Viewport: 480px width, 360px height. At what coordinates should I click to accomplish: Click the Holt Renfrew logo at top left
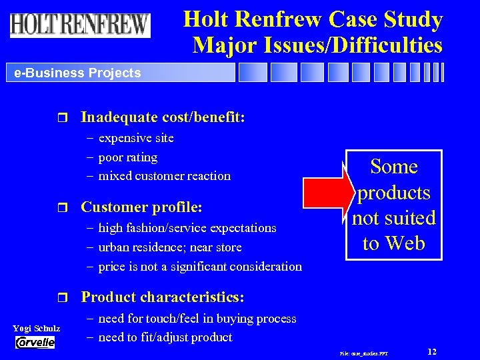pos(80,25)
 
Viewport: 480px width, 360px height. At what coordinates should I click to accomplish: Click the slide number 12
pos(432,351)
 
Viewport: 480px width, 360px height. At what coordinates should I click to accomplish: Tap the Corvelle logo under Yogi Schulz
pos(35,342)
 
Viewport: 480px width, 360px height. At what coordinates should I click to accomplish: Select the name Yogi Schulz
pos(36,328)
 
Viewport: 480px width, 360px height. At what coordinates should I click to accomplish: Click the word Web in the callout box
pos(406,243)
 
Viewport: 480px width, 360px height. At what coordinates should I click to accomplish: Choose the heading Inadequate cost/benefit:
pos(163,117)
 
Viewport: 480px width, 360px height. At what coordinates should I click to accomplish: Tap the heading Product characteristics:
pos(162,297)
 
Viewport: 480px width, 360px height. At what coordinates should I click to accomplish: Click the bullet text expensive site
pos(136,138)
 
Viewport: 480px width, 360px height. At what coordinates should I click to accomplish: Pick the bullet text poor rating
pos(127,157)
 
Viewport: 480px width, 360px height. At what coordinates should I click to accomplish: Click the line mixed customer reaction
pos(164,176)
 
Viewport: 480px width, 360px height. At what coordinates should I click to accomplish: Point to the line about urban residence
pos(169,247)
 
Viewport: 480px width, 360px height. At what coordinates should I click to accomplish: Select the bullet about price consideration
pos(199,267)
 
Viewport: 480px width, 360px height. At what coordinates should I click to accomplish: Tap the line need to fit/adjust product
pos(165,337)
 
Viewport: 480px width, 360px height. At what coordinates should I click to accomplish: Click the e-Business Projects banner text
pos(77,73)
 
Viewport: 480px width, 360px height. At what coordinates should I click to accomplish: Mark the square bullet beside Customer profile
pos(64,207)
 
